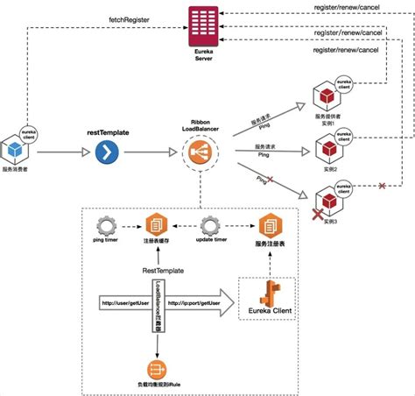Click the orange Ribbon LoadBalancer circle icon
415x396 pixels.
click(200, 155)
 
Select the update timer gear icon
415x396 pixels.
click(208, 223)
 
